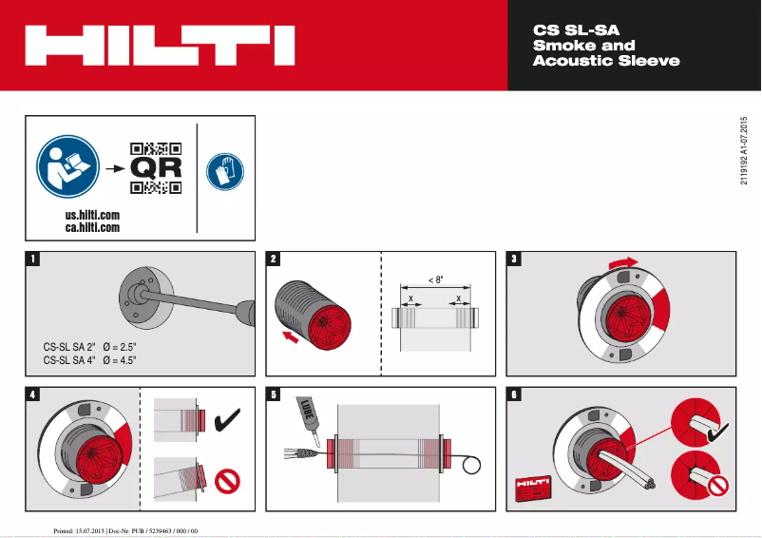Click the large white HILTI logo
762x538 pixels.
(x=160, y=46)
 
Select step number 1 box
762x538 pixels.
(x=34, y=259)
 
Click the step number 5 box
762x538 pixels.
(x=274, y=394)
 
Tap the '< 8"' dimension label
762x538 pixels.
(x=435, y=280)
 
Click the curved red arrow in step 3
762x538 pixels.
(x=624, y=260)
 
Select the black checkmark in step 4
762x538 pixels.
(x=228, y=417)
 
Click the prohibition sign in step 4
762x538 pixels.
(x=228, y=481)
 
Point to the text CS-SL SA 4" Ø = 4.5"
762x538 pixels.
(x=90, y=360)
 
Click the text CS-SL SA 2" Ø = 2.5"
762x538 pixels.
(x=90, y=346)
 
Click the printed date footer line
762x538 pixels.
(x=124, y=528)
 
